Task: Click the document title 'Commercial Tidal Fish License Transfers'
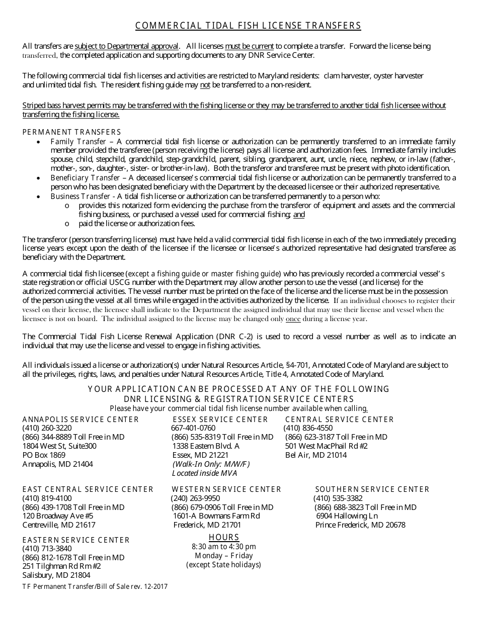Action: (x=248, y=26)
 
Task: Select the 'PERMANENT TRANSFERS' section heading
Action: (x=72, y=132)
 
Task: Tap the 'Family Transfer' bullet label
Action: (x=78, y=142)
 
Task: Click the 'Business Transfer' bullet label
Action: (x=80, y=196)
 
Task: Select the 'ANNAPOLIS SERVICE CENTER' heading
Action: (x=81, y=420)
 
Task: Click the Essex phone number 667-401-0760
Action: (x=193, y=428)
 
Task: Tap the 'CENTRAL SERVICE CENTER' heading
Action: (x=339, y=420)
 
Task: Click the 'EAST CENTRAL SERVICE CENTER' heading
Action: (x=88, y=489)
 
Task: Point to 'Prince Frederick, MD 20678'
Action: (x=360, y=525)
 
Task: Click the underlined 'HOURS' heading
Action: (x=224, y=537)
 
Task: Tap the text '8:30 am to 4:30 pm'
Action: (x=224, y=547)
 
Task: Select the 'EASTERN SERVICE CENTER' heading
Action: (x=76, y=540)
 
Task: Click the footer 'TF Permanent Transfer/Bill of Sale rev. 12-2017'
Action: (x=95, y=586)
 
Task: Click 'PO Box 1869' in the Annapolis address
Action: (x=44, y=455)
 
